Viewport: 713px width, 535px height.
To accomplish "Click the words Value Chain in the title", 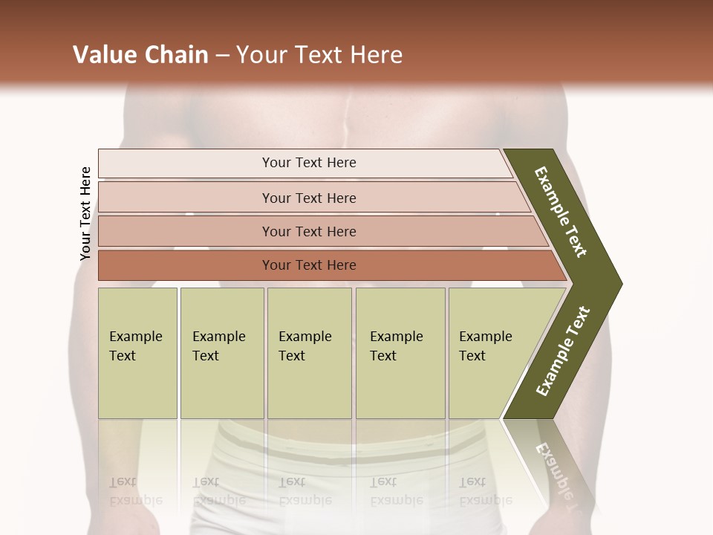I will pyautogui.click(x=140, y=55).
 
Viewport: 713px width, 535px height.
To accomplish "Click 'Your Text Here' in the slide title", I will pyautogui.click(x=319, y=55).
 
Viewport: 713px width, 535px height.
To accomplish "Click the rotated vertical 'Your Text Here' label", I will pyautogui.click(x=85, y=213).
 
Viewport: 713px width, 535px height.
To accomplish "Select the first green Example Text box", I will pyautogui.click(x=137, y=353).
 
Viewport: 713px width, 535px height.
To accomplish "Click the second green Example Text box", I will pyautogui.click(x=222, y=353).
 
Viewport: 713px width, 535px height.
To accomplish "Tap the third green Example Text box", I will pyautogui.click(x=309, y=353).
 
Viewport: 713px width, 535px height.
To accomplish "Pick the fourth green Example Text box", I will pyautogui.click(x=400, y=353).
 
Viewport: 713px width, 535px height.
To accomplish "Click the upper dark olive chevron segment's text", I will pyautogui.click(x=561, y=212).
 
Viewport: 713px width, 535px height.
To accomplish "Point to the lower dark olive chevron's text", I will pyautogui.click(x=563, y=351).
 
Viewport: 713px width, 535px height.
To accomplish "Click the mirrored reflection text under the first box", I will pyautogui.click(x=135, y=492).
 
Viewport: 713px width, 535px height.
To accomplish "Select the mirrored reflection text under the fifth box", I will pyautogui.click(x=485, y=492).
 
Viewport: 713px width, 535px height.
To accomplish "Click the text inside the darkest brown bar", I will pyautogui.click(x=309, y=265).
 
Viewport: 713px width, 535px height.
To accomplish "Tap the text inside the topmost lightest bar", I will pyautogui.click(x=309, y=163).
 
